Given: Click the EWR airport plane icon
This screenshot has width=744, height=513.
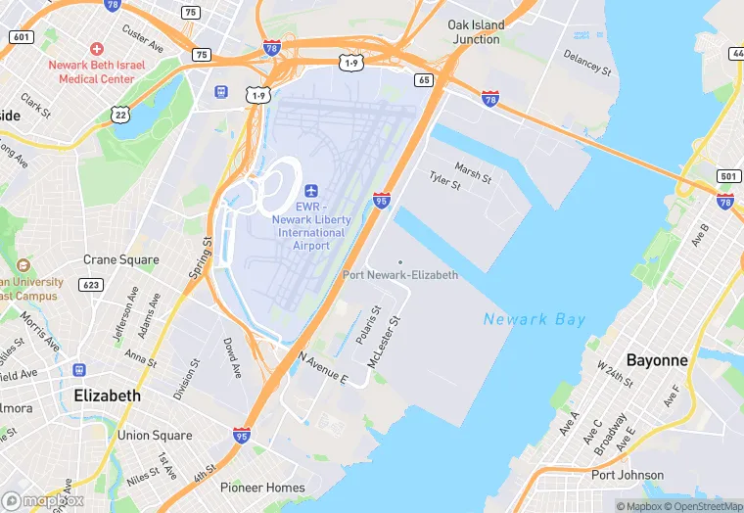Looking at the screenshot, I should point(311,190).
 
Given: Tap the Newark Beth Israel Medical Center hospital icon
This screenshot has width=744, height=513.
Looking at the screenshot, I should point(96,48).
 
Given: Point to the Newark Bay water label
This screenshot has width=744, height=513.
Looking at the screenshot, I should point(535,319).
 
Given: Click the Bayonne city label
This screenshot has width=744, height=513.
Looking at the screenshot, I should point(657,360).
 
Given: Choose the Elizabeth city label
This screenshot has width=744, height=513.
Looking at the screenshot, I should point(107,396).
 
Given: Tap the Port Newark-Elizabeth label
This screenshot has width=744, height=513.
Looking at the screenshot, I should point(400,275).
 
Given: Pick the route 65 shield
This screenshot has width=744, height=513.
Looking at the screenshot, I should point(424,80).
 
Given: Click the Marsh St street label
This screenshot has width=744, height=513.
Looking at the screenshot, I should point(473,173).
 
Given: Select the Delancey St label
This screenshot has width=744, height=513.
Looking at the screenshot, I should point(587,65).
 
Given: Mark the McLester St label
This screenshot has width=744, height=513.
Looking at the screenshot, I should point(385,342).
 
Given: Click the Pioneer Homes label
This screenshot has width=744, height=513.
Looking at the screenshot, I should point(262,487).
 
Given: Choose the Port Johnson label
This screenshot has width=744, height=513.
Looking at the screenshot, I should point(628,475).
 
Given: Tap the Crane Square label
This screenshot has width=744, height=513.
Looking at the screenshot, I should point(120,260).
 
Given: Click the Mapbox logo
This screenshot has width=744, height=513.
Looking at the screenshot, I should point(43,499).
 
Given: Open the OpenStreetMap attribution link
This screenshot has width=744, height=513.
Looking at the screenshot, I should point(701,506).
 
